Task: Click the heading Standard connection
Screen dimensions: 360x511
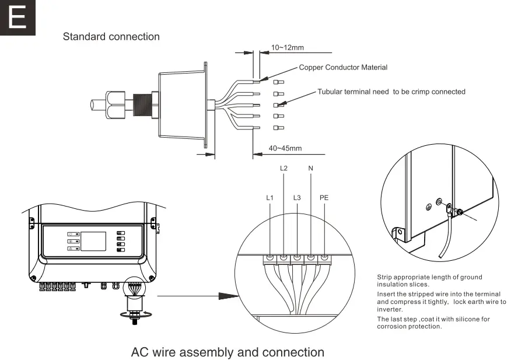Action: click(111, 37)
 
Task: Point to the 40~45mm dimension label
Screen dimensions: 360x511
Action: click(285, 148)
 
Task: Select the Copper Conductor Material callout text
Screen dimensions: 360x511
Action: click(343, 68)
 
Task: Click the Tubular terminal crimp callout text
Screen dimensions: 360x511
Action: click(391, 92)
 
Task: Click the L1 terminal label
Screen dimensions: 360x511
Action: click(269, 198)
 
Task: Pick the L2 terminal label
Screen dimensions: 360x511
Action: click(283, 169)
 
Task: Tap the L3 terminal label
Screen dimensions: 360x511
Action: click(297, 198)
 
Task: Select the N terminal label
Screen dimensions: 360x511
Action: click(310, 169)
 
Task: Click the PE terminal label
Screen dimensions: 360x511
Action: click(324, 198)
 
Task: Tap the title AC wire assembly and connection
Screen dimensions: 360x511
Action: click(228, 352)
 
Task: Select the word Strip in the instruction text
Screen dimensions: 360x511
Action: click(384, 277)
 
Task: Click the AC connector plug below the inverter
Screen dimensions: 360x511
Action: click(134, 304)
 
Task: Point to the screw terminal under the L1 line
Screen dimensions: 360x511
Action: click(270, 257)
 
